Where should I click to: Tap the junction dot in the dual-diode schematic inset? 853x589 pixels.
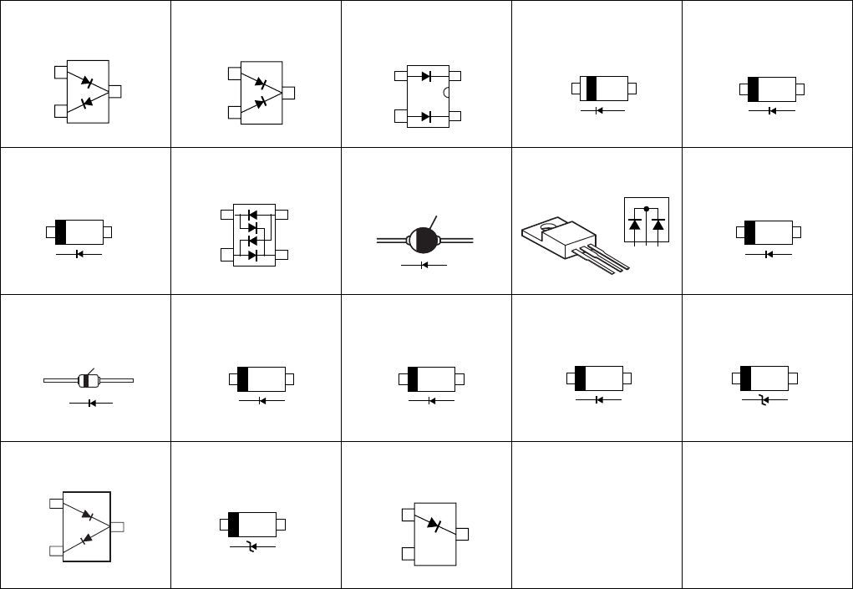[647, 209]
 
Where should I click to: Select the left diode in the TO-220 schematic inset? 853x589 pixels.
[635, 224]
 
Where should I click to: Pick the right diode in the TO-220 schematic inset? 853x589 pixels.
[658, 224]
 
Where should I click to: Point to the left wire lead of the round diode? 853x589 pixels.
[391, 241]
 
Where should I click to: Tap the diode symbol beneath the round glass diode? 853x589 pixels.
[424, 265]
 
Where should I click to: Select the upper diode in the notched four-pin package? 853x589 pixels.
[426, 76]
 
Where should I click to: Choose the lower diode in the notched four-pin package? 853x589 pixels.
[426, 116]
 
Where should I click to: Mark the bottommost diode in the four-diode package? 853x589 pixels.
[252, 255]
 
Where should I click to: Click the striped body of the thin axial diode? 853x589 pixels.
[89, 381]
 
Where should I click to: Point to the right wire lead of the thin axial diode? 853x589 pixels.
[117, 381]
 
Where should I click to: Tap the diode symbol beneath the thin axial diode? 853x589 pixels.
[90, 404]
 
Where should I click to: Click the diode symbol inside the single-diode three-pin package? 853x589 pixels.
[433, 525]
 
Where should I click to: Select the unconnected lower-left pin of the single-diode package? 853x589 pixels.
[408, 553]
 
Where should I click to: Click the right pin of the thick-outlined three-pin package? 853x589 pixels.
[117, 526]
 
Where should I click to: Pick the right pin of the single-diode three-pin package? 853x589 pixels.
[461, 533]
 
